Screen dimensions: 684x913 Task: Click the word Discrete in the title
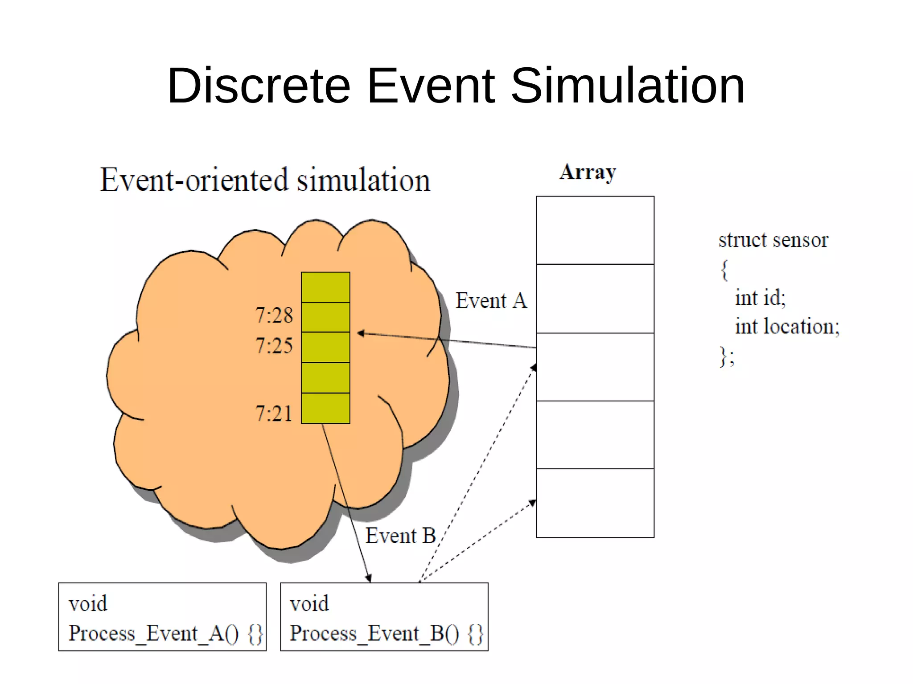(259, 85)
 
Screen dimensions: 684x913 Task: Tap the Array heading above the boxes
(588, 172)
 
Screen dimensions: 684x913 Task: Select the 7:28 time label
(274, 315)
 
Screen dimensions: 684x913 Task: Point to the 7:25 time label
(274, 346)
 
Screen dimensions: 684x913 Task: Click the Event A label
(491, 301)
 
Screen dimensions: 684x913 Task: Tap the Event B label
(400, 536)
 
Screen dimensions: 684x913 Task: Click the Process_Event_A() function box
(162, 617)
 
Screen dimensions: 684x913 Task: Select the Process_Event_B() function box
(384, 617)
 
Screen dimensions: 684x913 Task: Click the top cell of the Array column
(595, 230)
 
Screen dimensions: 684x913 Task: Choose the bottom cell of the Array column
(595, 503)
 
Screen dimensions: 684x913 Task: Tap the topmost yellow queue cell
(325, 287)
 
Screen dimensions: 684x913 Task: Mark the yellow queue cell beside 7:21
(325, 408)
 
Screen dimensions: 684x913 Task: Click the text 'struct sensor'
(773, 240)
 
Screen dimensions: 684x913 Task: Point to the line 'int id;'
(760, 298)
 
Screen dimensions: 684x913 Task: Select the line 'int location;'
(787, 326)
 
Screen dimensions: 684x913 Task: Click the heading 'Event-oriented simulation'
(265, 180)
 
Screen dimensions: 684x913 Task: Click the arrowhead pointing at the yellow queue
(361, 333)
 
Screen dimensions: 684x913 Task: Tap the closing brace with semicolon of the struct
(727, 356)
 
